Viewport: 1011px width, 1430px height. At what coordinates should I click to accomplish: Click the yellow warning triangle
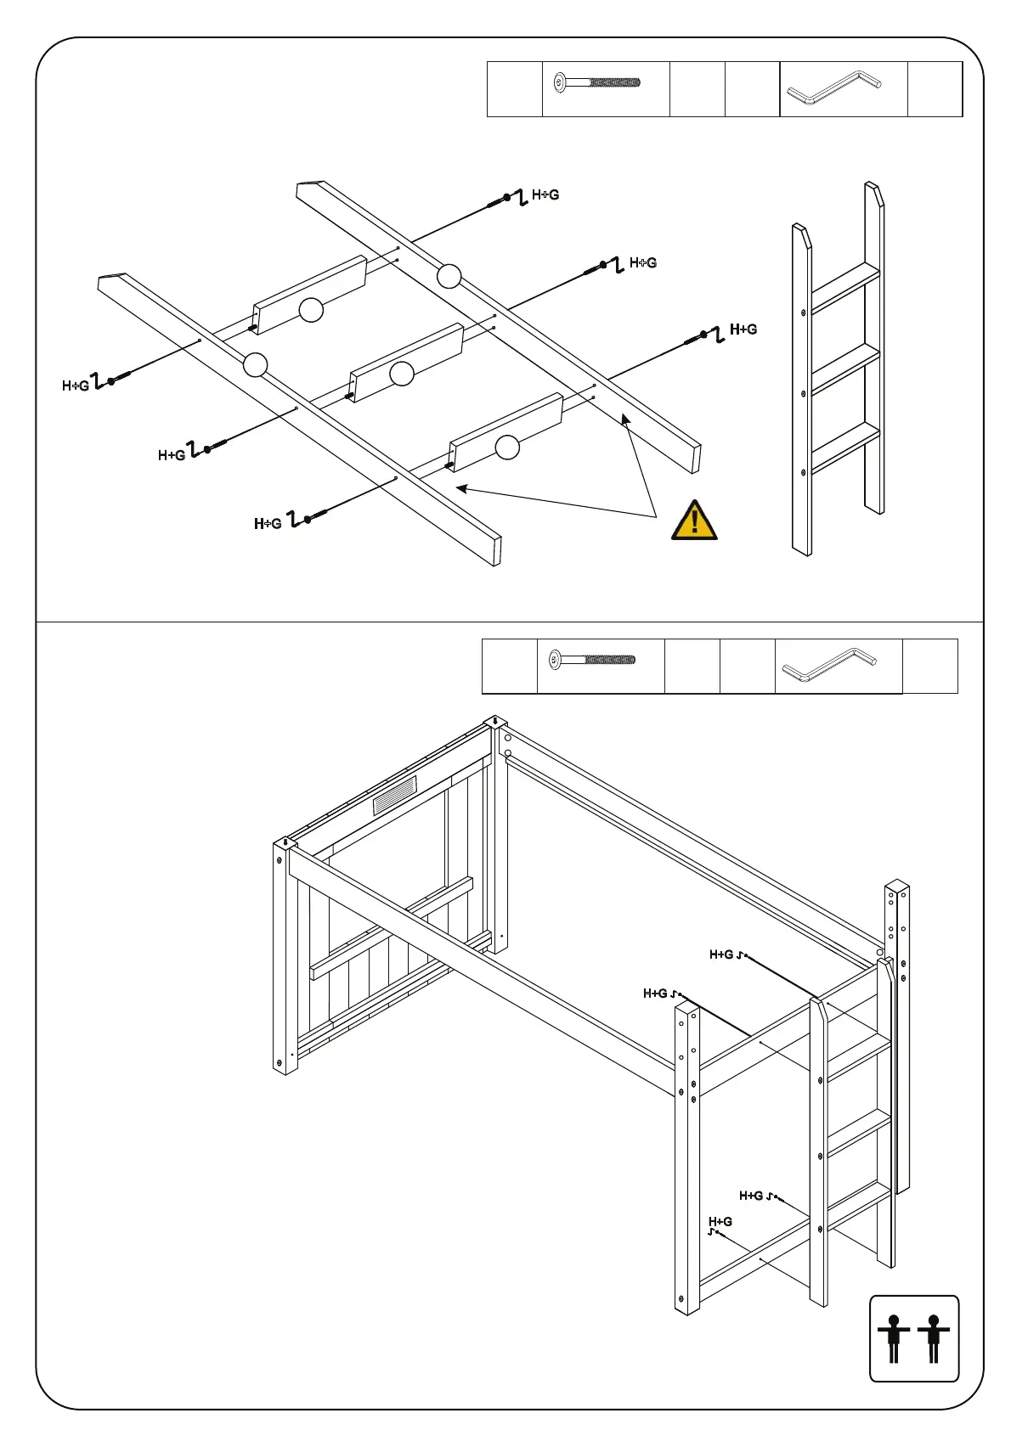click(694, 521)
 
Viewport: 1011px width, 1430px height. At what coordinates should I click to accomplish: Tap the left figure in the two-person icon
click(893, 1338)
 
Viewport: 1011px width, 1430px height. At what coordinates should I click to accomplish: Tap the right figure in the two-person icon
click(934, 1338)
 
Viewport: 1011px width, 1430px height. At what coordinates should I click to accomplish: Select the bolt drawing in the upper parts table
click(597, 83)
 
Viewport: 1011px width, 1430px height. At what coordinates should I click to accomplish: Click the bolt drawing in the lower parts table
click(593, 659)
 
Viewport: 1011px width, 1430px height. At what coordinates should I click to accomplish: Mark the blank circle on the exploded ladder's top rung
click(312, 310)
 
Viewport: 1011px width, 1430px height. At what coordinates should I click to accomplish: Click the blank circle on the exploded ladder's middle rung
click(402, 373)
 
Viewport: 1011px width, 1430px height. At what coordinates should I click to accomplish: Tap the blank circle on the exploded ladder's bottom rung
click(507, 447)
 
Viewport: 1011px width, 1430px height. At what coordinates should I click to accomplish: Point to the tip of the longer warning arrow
click(458, 487)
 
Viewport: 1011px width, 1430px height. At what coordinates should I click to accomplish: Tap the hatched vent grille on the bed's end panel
click(395, 796)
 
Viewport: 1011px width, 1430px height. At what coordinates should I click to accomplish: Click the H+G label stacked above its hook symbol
click(720, 1221)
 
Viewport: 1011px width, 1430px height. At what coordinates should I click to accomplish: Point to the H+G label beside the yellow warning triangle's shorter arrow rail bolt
click(743, 329)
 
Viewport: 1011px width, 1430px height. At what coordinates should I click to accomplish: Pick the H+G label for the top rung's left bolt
click(76, 386)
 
